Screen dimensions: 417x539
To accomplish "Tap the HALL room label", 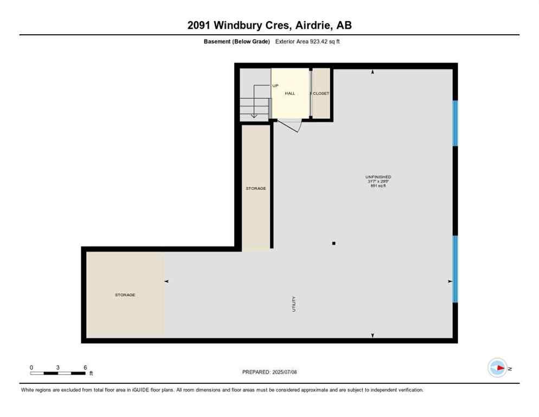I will [290, 93].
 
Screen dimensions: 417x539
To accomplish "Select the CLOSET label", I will [321, 93].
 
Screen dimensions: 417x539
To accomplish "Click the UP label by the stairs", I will [275, 86].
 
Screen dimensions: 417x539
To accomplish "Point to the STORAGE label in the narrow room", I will [256, 188].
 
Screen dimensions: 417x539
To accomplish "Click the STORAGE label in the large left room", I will [125, 295].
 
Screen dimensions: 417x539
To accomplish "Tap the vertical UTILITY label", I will [294, 304].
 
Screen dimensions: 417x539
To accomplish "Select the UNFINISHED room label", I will [378, 177].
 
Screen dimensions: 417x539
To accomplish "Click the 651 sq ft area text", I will [378, 186].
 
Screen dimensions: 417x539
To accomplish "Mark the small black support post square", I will [333, 243].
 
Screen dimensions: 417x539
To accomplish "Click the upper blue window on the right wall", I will [455, 123].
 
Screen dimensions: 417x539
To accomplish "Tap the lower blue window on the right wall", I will [455, 269].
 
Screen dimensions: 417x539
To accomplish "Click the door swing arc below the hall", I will [290, 125].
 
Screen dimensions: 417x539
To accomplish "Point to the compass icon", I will [497, 368].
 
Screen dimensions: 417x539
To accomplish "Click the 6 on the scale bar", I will [85, 368].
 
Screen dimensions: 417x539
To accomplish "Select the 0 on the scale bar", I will [31, 368].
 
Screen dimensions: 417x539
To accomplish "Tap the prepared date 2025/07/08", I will [269, 372].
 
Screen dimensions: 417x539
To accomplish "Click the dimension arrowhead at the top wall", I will [373, 72].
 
